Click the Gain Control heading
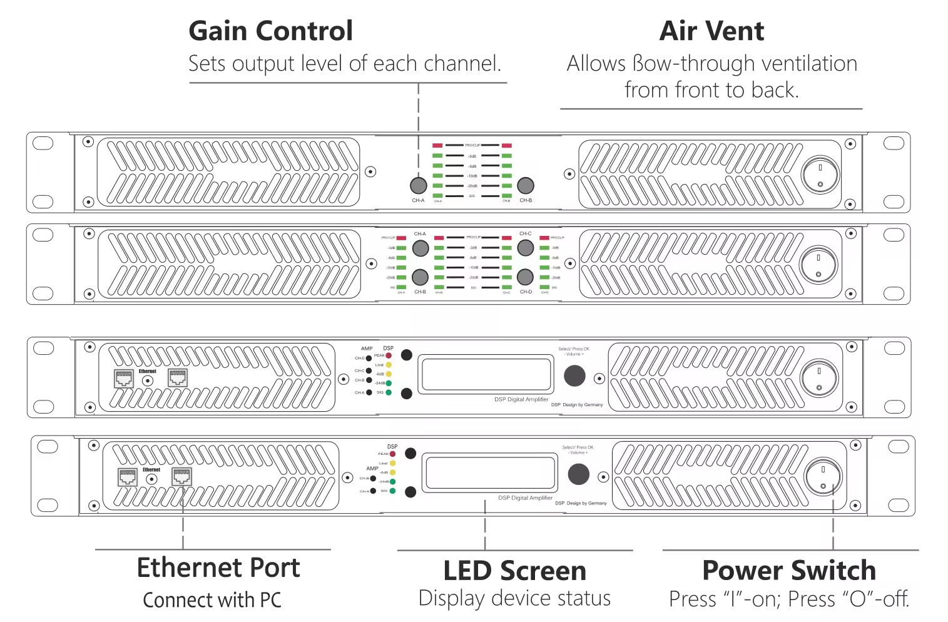[x=270, y=31]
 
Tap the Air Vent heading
[x=711, y=31]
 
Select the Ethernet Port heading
[x=218, y=568]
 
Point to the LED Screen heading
[x=514, y=571]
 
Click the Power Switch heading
[x=789, y=571]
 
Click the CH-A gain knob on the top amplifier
[x=418, y=185]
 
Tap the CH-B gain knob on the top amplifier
[x=526, y=185]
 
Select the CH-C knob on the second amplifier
[x=526, y=248]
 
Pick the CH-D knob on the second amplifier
[x=526, y=277]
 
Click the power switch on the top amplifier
[x=820, y=175]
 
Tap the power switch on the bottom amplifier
[x=823, y=477]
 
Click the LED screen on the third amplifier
[x=486, y=374]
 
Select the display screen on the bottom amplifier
[x=489, y=472]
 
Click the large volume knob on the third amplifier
[x=574, y=375]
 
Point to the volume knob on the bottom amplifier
[x=578, y=474]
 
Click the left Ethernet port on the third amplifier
[x=124, y=379]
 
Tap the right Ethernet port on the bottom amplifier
[x=181, y=476]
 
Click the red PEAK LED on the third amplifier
[x=389, y=355]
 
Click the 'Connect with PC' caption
[x=212, y=600]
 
